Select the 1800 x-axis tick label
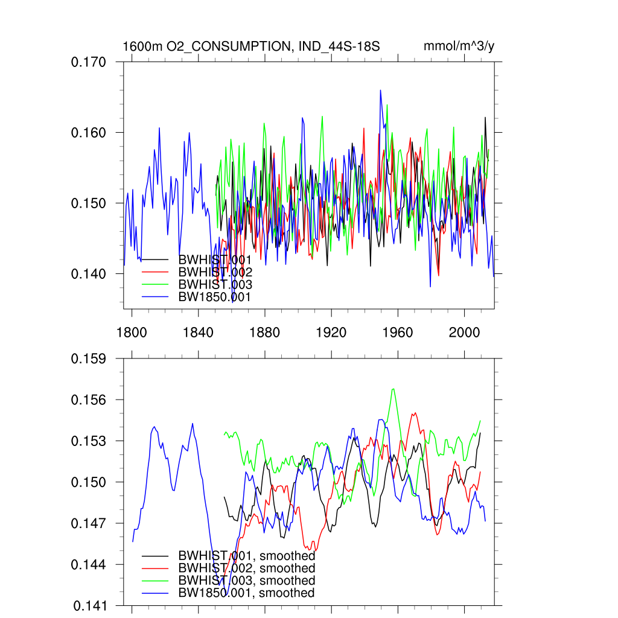pyautogui.click(x=132, y=332)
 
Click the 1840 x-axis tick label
pyautogui.click(x=198, y=332)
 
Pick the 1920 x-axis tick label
pyautogui.click(x=331, y=332)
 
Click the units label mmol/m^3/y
pyautogui.click(x=459, y=46)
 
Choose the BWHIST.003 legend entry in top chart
pyautogui.click(x=215, y=284)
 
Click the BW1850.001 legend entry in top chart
pyautogui.click(x=214, y=297)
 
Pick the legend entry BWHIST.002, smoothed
pyautogui.click(x=246, y=569)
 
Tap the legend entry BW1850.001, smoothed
pyautogui.click(x=246, y=593)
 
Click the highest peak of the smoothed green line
pyautogui.click(x=393, y=389)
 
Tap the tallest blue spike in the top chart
pyautogui.click(x=380, y=91)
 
